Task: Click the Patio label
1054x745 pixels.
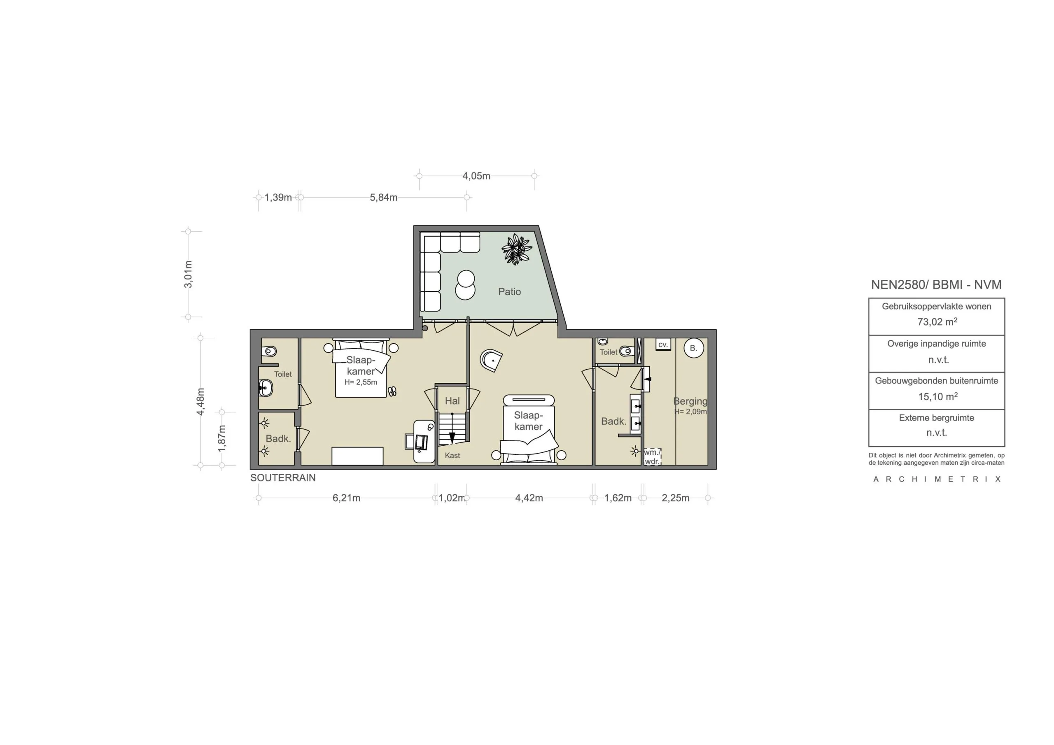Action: [x=509, y=291]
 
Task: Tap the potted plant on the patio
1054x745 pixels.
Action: [x=516, y=249]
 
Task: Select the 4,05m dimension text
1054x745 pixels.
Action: [x=476, y=176]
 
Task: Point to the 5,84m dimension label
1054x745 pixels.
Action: [x=383, y=198]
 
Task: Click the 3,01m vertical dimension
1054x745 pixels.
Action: [x=188, y=274]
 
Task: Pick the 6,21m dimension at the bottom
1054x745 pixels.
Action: [x=346, y=498]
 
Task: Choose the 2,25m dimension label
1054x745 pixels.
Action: [x=675, y=498]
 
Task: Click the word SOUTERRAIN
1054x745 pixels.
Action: [x=283, y=477]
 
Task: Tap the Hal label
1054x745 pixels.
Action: [x=452, y=401]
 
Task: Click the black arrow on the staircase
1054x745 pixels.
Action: [x=452, y=438]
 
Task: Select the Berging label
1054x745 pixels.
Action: [x=690, y=401]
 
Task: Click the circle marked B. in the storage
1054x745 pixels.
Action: [x=693, y=348]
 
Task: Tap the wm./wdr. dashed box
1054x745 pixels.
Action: [x=652, y=457]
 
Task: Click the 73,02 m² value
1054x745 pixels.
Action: [x=937, y=322]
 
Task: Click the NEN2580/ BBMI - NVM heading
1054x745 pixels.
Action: [x=936, y=284]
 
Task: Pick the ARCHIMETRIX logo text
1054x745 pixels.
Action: [x=937, y=479]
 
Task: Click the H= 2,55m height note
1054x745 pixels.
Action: [x=361, y=382]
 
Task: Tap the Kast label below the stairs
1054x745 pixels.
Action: [x=452, y=455]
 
